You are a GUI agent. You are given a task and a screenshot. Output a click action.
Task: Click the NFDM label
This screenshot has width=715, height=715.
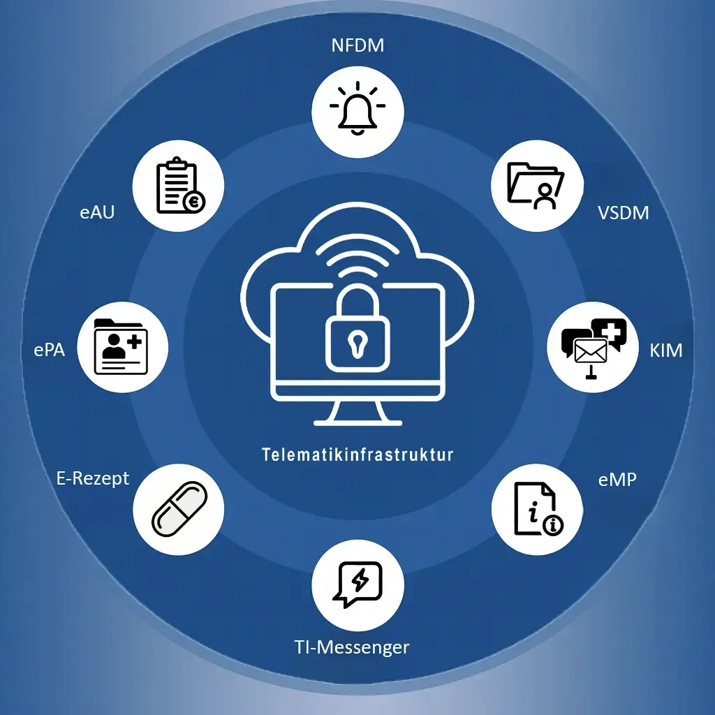357,45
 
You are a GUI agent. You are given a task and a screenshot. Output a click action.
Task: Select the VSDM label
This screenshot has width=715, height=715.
623,213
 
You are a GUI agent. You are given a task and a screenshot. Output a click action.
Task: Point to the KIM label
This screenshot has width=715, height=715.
665,351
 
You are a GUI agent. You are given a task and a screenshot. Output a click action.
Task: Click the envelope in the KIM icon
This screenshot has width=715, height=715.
591,351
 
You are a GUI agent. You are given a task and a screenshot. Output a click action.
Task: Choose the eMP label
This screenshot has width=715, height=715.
617,479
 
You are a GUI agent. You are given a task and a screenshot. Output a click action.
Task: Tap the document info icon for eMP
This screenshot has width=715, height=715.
538,509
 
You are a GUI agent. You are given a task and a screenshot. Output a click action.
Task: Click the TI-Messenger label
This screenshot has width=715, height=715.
352,647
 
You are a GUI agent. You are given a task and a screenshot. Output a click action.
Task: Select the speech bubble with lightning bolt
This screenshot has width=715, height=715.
358,584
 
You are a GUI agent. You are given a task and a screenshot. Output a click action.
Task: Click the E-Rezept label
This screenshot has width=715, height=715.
93,479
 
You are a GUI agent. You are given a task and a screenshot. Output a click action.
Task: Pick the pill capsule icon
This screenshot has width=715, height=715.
179,509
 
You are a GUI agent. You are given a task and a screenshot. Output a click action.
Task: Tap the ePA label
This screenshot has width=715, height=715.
50,350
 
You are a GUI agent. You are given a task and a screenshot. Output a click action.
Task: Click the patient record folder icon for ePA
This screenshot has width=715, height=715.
121,346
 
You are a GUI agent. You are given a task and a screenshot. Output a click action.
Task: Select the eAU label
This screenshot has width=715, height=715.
96,212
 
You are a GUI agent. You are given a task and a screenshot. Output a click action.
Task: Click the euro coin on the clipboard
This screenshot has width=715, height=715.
194,202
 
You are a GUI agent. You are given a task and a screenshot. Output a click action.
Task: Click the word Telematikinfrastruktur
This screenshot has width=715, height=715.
357,455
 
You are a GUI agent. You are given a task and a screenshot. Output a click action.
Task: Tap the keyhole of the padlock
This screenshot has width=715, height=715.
357,343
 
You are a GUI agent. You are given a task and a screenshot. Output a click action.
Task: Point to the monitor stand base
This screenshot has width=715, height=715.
358,423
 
